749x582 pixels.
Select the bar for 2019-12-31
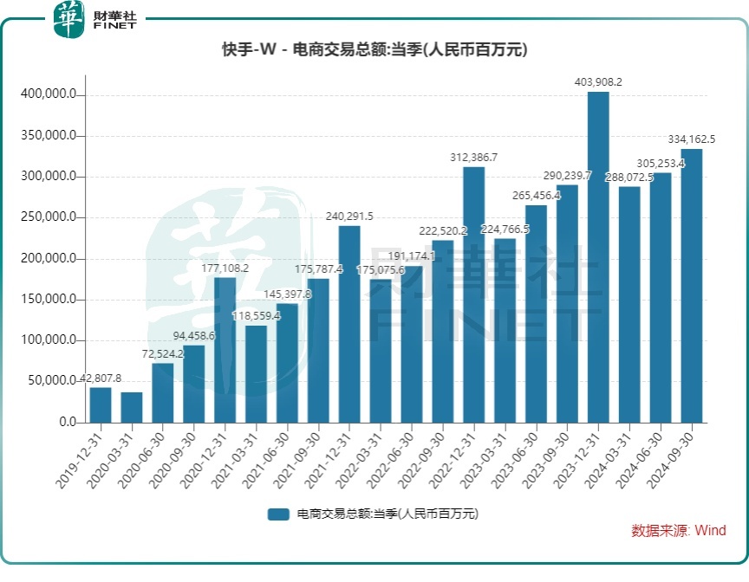(x=101, y=404)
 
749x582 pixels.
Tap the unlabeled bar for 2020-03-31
(x=132, y=407)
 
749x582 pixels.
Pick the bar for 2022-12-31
(x=473, y=294)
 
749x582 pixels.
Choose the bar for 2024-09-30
(x=691, y=286)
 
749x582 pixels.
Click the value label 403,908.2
(x=598, y=82)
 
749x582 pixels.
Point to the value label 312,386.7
(x=473, y=157)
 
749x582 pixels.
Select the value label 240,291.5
(x=349, y=217)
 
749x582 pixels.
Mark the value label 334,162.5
(x=691, y=139)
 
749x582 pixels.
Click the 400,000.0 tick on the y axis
(x=51, y=94)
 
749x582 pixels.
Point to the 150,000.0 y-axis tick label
(x=51, y=300)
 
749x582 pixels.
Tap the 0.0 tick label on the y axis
(x=68, y=423)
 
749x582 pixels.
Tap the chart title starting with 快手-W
(x=374, y=50)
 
